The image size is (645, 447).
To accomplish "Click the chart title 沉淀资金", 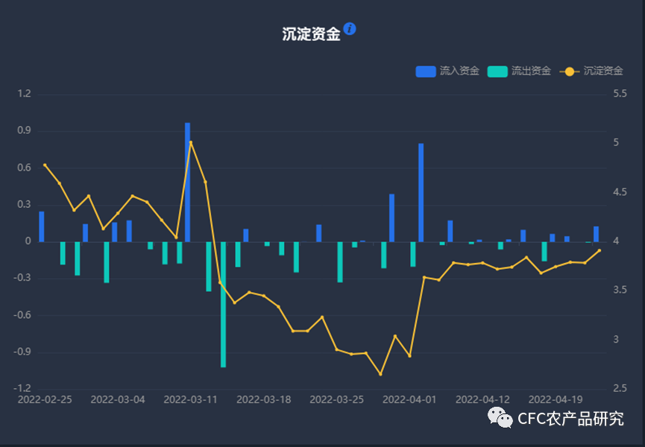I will [x=311, y=34].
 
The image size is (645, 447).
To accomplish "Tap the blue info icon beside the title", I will [x=350, y=29].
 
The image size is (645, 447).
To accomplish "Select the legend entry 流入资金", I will [x=447, y=72].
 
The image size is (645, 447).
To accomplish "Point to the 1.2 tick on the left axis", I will [x=24, y=94].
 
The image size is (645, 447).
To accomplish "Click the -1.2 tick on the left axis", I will [x=22, y=389].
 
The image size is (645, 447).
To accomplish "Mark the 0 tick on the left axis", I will [x=28, y=241].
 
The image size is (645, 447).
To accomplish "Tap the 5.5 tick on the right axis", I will [x=620, y=94].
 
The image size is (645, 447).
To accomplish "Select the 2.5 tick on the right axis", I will [x=620, y=389].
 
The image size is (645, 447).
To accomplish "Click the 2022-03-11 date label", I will [x=190, y=399].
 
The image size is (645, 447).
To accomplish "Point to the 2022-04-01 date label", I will [x=409, y=399].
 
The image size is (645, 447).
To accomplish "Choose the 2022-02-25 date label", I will [x=45, y=399].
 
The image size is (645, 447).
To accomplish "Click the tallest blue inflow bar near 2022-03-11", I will [x=188, y=183].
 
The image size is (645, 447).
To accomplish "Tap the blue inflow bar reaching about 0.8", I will [x=421, y=192].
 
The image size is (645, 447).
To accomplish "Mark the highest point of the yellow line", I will [x=191, y=142].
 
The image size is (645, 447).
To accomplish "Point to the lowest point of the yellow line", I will [x=380, y=374].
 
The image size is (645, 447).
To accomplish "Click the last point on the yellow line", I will [x=599, y=250].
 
